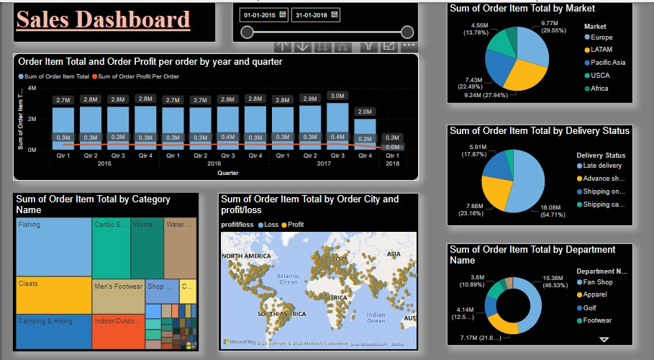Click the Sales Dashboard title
click(103, 19)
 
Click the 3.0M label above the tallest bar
click(337, 96)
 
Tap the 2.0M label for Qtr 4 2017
click(365, 112)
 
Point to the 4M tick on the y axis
click(32, 89)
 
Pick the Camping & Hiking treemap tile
click(54, 332)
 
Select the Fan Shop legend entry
click(598, 282)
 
